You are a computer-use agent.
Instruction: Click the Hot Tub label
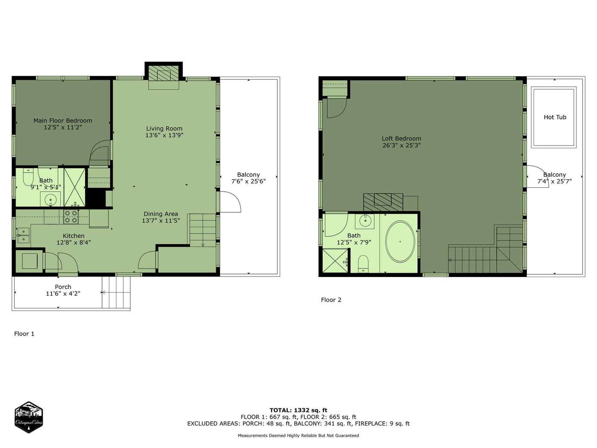[555, 117]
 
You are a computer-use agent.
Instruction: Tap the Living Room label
[164, 128]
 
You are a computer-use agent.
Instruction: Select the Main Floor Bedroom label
[63, 121]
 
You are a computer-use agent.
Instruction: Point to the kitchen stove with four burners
[71, 217]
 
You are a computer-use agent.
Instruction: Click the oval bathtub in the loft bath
[400, 242]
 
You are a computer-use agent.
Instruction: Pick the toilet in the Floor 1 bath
[28, 177]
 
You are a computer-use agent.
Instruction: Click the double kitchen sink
[23, 236]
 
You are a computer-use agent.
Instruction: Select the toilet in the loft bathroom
[363, 264]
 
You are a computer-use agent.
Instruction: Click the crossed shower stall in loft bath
[335, 261]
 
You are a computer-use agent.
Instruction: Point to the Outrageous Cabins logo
[28, 417]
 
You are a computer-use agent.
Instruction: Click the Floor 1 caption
[24, 334]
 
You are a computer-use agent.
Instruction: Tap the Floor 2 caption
[331, 300]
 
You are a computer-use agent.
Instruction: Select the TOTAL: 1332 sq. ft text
[298, 410]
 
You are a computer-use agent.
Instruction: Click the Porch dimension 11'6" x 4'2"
[63, 293]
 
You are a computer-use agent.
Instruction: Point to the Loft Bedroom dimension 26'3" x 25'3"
[401, 145]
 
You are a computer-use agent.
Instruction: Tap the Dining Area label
[161, 214]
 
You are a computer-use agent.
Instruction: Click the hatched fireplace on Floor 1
[163, 73]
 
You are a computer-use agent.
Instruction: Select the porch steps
[116, 292]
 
